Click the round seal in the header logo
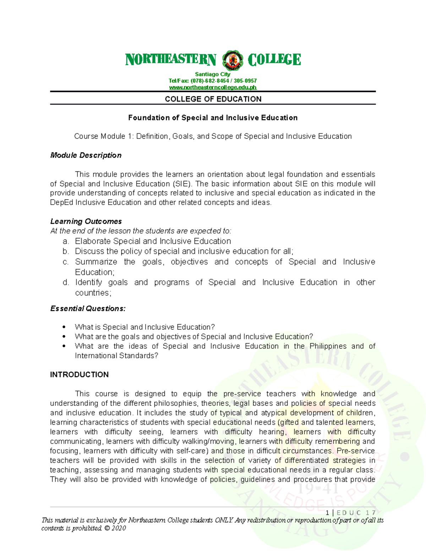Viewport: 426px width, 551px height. (x=233, y=60)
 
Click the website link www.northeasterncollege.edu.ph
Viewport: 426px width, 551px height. (x=213, y=87)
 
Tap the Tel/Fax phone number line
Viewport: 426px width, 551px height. (x=213, y=81)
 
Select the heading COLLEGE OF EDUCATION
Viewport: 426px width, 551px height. (x=213, y=99)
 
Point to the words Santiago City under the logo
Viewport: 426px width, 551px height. (x=213, y=75)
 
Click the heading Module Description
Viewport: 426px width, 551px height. (x=86, y=155)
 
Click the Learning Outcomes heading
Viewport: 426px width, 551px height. (x=86, y=221)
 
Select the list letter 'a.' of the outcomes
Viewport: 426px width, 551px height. (x=66, y=242)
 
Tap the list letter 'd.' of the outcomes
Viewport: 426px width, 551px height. (x=66, y=283)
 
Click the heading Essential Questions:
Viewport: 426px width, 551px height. (x=88, y=309)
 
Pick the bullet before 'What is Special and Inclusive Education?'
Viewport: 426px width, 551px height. (x=64, y=327)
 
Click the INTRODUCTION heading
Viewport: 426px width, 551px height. (x=79, y=375)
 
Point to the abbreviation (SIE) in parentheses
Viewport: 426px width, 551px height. (x=182, y=184)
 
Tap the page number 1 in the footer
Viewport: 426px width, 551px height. (x=327, y=512)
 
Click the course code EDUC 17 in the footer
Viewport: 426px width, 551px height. (x=356, y=512)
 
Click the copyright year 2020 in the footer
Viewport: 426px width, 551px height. (x=119, y=528)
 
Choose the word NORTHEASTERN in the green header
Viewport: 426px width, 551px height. (x=171, y=60)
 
